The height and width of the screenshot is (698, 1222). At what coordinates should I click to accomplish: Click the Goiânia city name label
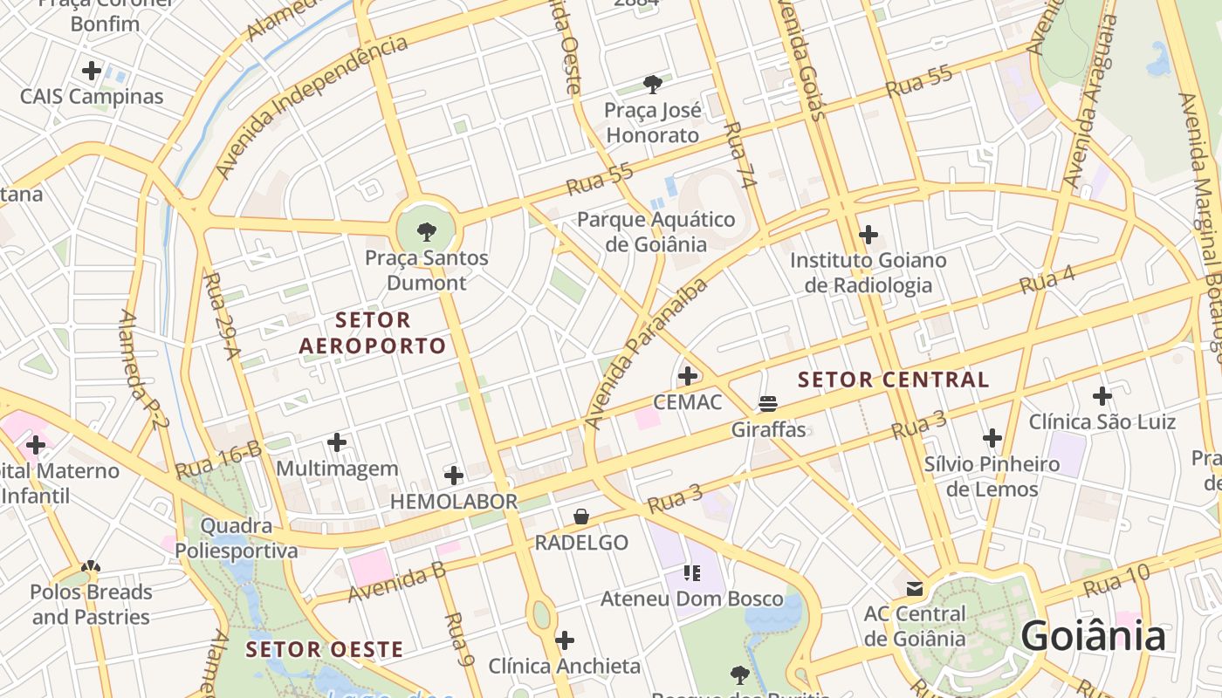click(x=1093, y=636)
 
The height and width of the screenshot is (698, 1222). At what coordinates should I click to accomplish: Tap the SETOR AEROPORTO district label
click(x=373, y=333)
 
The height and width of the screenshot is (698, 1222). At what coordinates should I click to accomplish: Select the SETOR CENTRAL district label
click(x=894, y=380)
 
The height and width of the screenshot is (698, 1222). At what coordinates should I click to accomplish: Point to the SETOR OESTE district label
click(x=324, y=649)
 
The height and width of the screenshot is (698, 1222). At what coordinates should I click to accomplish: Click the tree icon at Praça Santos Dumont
click(x=426, y=231)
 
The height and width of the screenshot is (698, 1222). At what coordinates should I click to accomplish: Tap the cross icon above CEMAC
click(x=688, y=376)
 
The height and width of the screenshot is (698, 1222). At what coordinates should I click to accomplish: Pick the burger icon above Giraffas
click(x=768, y=404)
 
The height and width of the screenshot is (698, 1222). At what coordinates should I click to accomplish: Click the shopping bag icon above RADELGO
click(x=581, y=517)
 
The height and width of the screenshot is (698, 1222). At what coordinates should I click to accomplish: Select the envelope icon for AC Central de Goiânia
click(x=915, y=589)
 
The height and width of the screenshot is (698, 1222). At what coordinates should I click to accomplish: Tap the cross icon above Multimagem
click(x=337, y=442)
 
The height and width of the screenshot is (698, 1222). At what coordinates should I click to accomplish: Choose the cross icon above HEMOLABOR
click(x=453, y=476)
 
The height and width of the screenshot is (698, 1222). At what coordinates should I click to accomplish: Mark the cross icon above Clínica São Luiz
click(x=1102, y=396)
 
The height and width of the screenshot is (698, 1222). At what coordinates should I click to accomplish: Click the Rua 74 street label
click(x=739, y=155)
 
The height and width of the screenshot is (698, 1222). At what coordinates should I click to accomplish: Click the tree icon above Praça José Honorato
click(x=652, y=84)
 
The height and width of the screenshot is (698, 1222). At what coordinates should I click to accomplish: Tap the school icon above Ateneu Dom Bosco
click(x=692, y=573)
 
